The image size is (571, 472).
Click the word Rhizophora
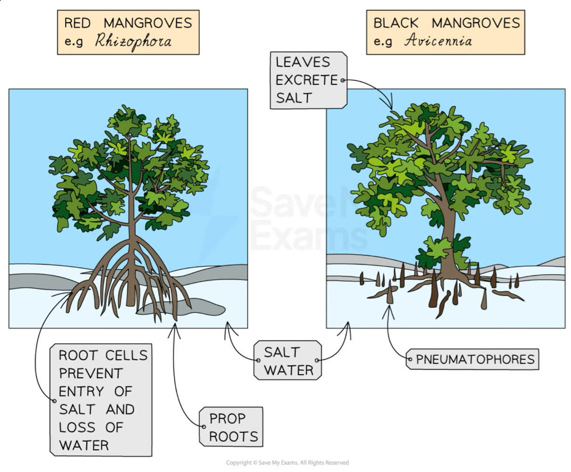click(x=133, y=41)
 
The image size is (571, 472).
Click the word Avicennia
click(x=438, y=41)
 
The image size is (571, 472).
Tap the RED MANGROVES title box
click(x=128, y=32)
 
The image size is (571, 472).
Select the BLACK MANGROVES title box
click(x=445, y=32)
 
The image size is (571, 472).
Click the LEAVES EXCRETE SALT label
click(x=307, y=80)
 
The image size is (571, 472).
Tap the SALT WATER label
click(x=288, y=361)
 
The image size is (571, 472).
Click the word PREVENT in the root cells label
click(x=90, y=373)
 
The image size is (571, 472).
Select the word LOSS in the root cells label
click(x=77, y=427)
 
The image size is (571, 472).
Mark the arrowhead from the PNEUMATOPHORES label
click(x=389, y=309)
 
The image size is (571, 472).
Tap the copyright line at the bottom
click(x=287, y=463)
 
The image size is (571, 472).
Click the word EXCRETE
click(x=307, y=80)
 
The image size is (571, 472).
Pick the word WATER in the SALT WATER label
click(x=288, y=370)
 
